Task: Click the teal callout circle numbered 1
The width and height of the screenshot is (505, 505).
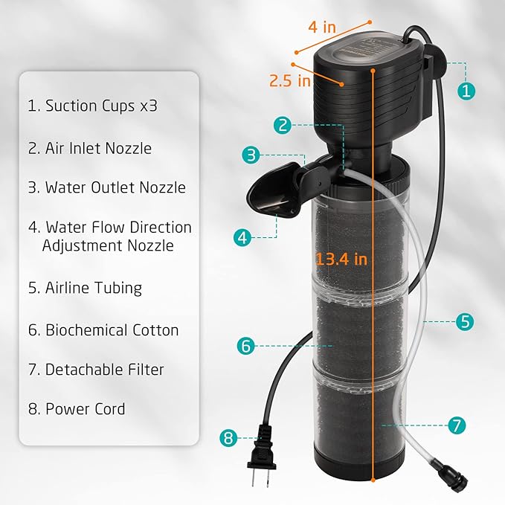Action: (466, 91)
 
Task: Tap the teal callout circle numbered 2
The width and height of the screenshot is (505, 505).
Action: (281, 125)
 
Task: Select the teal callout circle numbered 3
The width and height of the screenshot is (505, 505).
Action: (251, 155)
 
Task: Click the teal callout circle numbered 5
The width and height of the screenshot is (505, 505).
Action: (465, 322)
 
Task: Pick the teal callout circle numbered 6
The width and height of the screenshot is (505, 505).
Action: (247, 345)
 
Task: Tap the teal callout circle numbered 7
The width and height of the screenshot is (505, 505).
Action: (457, 425)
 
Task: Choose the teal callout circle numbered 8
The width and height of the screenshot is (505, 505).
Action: (229, 438)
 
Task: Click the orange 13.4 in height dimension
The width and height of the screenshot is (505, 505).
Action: (341, 260)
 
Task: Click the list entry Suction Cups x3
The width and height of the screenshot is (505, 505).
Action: (92, 106)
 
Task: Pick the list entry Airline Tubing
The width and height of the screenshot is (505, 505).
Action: (85, 287)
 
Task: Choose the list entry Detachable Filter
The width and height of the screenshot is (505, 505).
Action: (96, 369)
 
